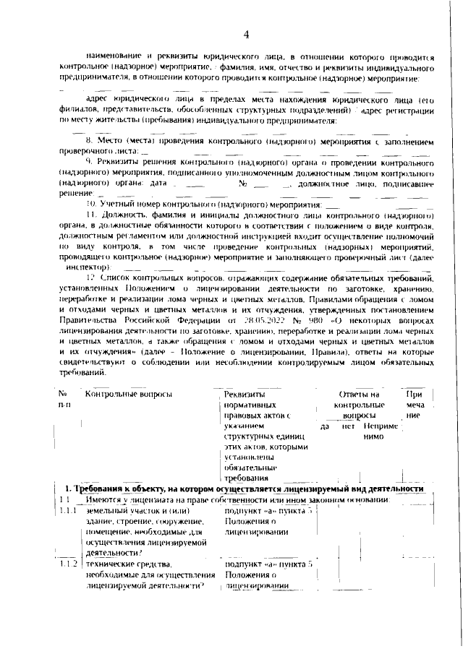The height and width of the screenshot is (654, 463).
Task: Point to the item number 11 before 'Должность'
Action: point(90,216)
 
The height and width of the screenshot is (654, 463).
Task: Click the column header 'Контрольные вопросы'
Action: point(128,394)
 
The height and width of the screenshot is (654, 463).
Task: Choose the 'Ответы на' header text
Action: point(360,394)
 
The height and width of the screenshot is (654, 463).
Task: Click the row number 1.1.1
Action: point(69,512)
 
